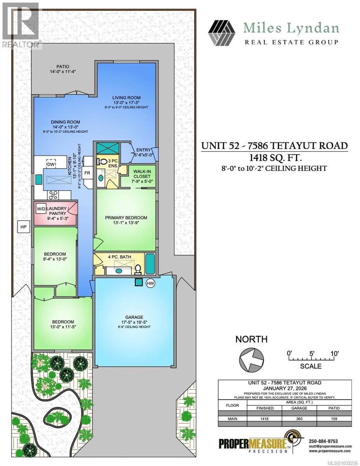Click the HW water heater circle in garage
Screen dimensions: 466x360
150,283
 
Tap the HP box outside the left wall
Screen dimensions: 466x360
23,227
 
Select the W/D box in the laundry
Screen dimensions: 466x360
41,209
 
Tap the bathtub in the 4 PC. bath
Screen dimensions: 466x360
150,264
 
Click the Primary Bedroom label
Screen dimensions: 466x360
126,217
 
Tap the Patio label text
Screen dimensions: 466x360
63,66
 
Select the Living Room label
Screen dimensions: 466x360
126,97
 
